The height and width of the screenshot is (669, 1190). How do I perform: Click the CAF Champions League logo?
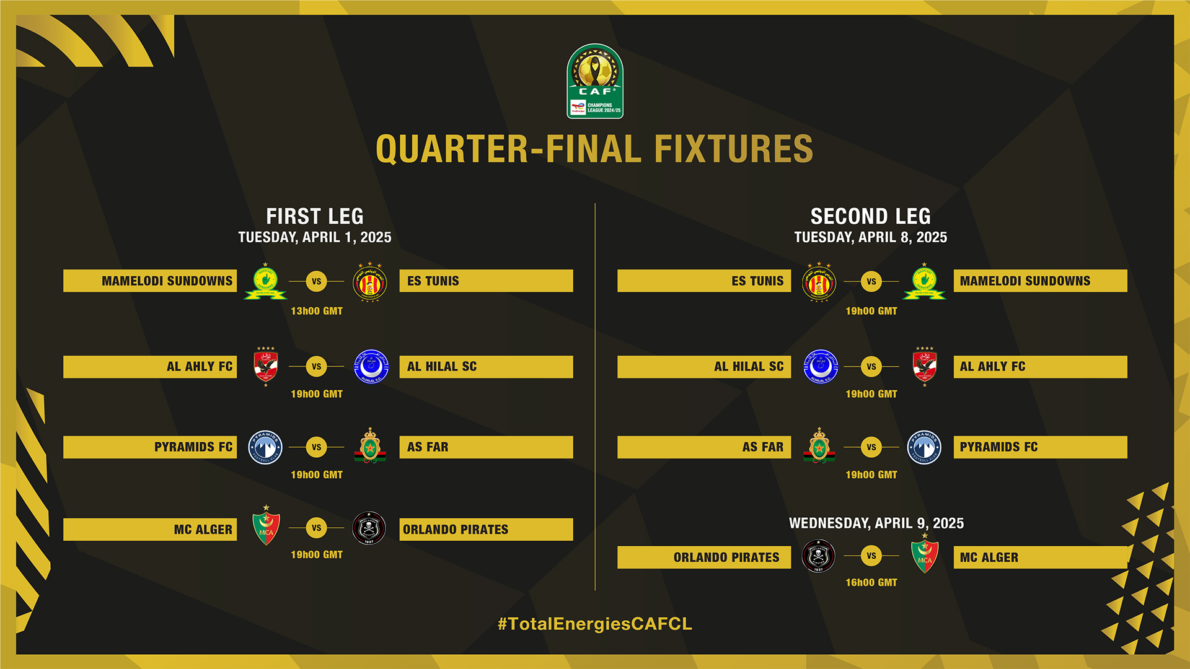pos(595,81)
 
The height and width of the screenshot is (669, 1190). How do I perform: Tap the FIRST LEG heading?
pos(315,216)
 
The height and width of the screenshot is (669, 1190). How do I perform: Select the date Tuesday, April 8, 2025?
pos(870,237)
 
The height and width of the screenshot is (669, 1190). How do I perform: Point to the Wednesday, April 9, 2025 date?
pos(876,523)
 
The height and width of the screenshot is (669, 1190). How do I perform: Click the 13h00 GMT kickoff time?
pos(317,311)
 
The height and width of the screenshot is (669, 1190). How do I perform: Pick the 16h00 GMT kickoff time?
pos(871,582)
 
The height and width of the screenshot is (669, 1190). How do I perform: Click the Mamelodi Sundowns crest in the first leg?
pos(265,282)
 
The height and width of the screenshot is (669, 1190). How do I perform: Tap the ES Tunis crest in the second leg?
pos(819,282)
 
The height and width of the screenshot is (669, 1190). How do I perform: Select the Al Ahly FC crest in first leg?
pos(266,366)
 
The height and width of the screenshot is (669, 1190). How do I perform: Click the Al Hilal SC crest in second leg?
pos(820,367)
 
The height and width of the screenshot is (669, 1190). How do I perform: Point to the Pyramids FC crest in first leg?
pos(265,447)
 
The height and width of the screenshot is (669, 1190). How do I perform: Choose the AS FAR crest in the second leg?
pos(819,446)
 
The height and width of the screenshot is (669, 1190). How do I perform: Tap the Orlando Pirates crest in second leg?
pos(818,556)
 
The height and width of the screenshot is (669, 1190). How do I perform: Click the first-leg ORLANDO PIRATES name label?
pos(456,530)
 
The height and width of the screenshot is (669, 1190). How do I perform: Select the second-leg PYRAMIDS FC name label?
pos(998,447)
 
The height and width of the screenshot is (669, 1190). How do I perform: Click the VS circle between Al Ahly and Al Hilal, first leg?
pos(316,367)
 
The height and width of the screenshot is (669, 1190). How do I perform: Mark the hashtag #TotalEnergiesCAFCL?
pos(594,624)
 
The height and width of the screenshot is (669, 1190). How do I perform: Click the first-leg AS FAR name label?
pos(428,447)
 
